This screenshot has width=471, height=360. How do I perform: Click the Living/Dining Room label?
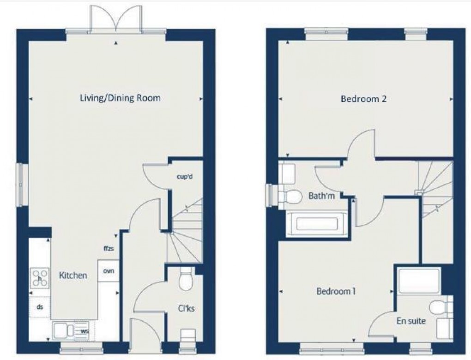click(120, 98)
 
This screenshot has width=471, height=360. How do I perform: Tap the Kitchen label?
click(73, 276)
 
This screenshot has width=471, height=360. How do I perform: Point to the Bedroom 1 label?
click(336, 291)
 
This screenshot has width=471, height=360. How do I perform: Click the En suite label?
click(411, 321)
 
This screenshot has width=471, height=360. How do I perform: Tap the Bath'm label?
click(321, 196)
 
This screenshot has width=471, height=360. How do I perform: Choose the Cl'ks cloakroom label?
click(186, 308)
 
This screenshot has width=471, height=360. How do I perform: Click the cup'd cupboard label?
click(185, 176)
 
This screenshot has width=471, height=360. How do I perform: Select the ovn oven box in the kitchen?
click(109, 270)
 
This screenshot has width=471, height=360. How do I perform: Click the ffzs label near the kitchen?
click(109, 248)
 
